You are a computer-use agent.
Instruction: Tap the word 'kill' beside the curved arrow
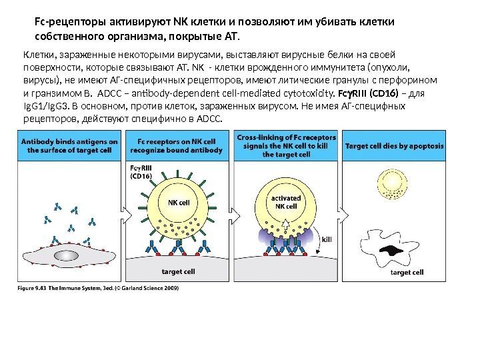(327, 238)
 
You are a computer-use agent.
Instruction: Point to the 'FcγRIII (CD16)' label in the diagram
(142, 173)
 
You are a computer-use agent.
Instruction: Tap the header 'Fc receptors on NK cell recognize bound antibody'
(176, 145)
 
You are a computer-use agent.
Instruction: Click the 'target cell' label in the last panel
(407, 272)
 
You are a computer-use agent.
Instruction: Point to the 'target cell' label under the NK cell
(178, 272)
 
